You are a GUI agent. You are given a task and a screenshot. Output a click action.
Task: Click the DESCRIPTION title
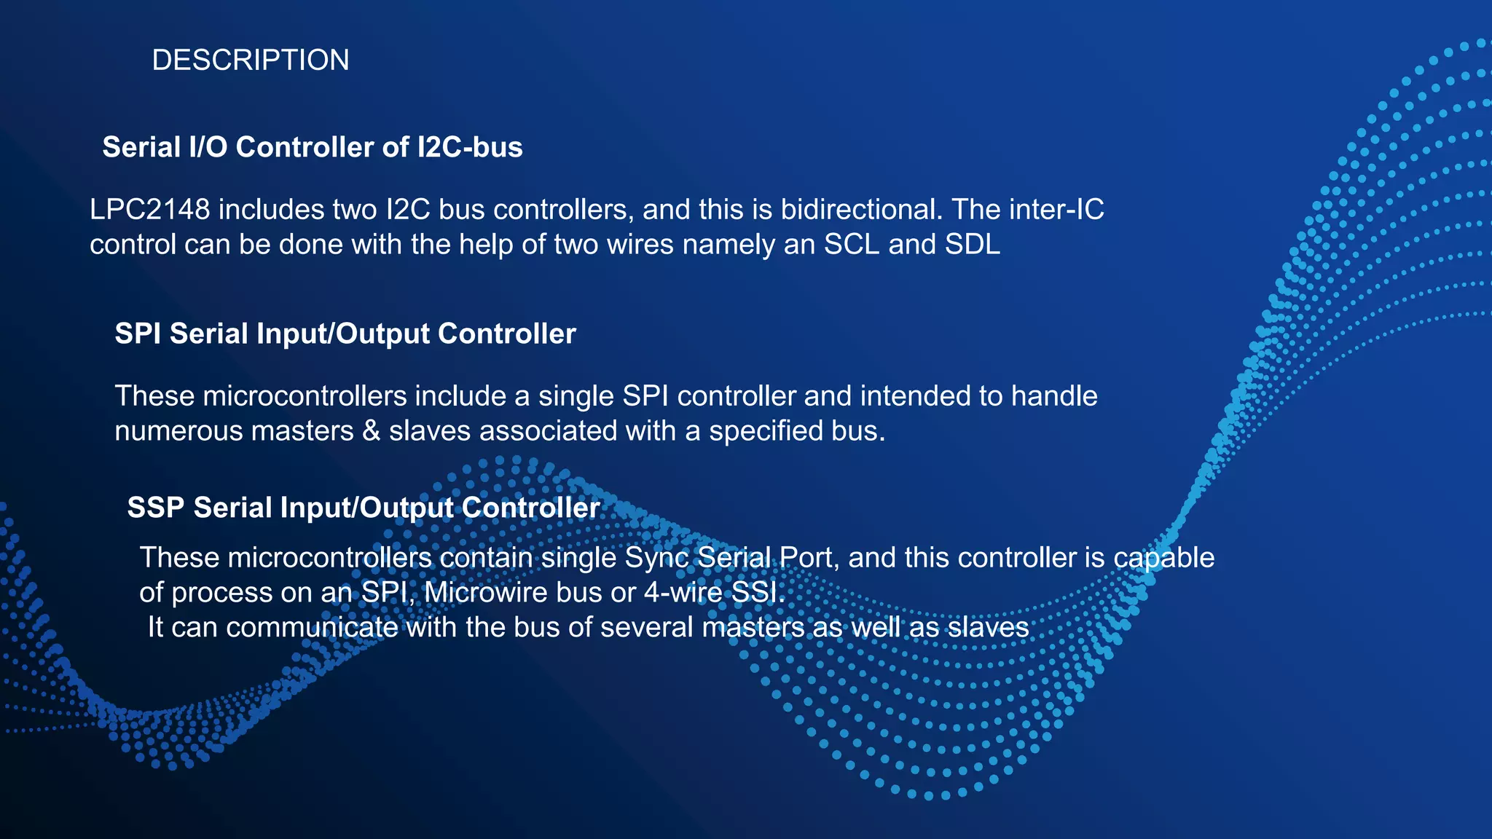(250, 60)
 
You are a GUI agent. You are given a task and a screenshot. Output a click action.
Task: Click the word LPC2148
(150, 210)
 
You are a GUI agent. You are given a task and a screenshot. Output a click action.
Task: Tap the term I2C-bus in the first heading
(470, 147)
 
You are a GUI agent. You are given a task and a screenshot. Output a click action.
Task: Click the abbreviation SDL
(973, 245)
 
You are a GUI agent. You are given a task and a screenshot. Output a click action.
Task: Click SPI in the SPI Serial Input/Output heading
(138, 334)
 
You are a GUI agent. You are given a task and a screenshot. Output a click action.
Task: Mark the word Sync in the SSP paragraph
(656, 558)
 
